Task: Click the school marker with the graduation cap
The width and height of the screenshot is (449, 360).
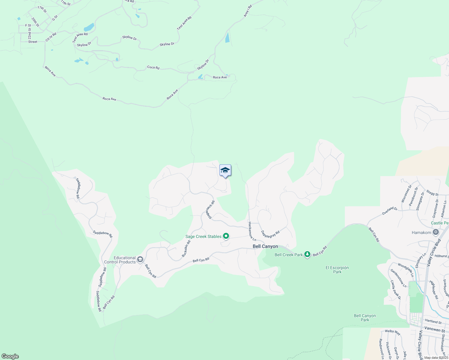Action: pos(225,170)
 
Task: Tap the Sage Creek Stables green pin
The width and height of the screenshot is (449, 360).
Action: pos(226,236)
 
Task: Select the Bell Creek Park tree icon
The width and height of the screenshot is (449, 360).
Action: pos(307,254)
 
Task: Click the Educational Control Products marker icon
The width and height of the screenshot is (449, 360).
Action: pos(140,259)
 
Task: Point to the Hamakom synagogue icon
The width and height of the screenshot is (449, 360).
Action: pos(436,232)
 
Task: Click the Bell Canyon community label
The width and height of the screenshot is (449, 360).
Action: pos(265,246)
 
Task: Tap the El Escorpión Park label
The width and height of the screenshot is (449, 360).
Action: pos(337,270)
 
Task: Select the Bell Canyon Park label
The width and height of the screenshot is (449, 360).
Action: pos(365,318)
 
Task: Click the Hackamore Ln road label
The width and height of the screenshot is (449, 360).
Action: pos(252,231)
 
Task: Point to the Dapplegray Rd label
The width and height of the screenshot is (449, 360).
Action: pos(270,234)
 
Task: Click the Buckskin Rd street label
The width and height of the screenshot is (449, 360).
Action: pos(186,249)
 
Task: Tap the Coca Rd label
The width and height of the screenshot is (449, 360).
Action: pos(153,67)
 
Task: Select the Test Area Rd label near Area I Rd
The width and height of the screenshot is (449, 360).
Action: pos(184,23)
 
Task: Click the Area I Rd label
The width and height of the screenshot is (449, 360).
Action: pos(247,11)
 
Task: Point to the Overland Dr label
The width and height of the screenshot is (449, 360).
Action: pos(390,211)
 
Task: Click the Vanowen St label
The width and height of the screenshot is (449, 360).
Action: pos(435,329)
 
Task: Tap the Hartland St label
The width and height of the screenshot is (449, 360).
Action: pos(433,321)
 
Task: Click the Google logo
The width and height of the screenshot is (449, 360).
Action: pos(10,356)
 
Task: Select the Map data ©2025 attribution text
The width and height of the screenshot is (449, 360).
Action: pos(436,358)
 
